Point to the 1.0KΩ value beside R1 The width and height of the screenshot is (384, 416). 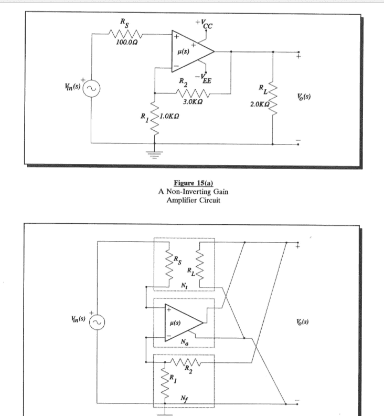click(x=170, y=115)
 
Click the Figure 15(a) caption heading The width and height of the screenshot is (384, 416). click(x=193, y=182)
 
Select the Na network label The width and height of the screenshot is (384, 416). click(x=184, y=342)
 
